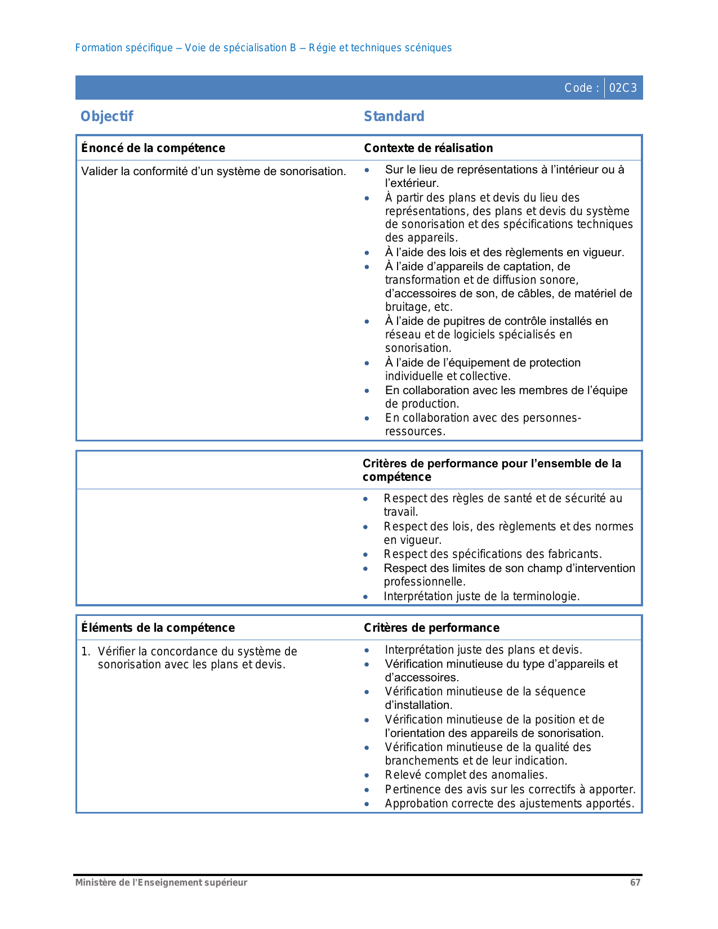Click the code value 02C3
click(623, 88)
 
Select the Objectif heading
click(107, 117)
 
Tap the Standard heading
click(394, 117)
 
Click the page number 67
click(635, 883)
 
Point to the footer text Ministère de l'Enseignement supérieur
click(162, 883)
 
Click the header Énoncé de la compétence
click(153, 148)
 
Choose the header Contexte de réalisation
click(429, 148)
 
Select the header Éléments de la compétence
click(158, 628)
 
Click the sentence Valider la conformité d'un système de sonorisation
click(213, 171)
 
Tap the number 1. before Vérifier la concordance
click(85, 651)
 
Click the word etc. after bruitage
click(444, 307)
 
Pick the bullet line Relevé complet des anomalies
click(466, 775)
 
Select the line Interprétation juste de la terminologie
click(481, 596)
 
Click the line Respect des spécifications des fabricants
click(493, 554)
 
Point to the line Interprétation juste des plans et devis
click(484, 650)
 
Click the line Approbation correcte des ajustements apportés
click(510, 803)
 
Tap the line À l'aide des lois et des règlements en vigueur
click(505, 252)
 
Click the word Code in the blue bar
click(578, 88)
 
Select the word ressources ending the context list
click(414, 432)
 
